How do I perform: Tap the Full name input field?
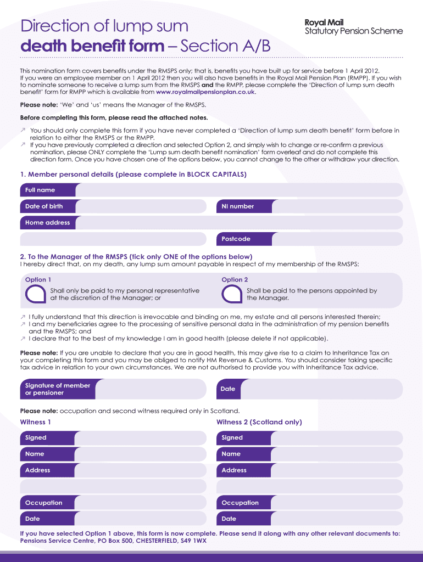click(239, 190)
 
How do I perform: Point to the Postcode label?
click(236, 239)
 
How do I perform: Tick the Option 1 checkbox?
click(36, 294)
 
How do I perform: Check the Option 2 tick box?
click(232, 294)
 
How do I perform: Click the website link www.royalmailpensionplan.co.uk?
click(206, 92)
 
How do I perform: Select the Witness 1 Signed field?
click(140, 438)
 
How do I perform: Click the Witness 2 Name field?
click(337, 454)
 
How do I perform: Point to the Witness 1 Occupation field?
click(140, 503)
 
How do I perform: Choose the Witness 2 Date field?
click(337, 519)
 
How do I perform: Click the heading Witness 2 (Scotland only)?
click(259, 422)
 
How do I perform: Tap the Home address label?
click(48, 223)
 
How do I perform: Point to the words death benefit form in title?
click(92, 46)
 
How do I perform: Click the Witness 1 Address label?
click(38, 470)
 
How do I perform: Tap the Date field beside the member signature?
click(321, 389)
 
